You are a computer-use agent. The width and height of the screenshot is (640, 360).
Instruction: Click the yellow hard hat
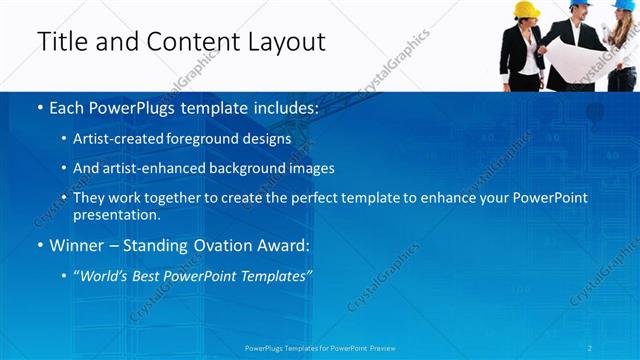click(x=526, y=9)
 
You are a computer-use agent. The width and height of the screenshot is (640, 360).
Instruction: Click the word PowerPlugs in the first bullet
click(x=127, y=106)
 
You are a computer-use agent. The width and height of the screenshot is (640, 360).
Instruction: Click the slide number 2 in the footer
click(x=591, y=348)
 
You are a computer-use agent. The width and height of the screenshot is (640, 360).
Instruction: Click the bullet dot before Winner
click(x=38, y=245)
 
